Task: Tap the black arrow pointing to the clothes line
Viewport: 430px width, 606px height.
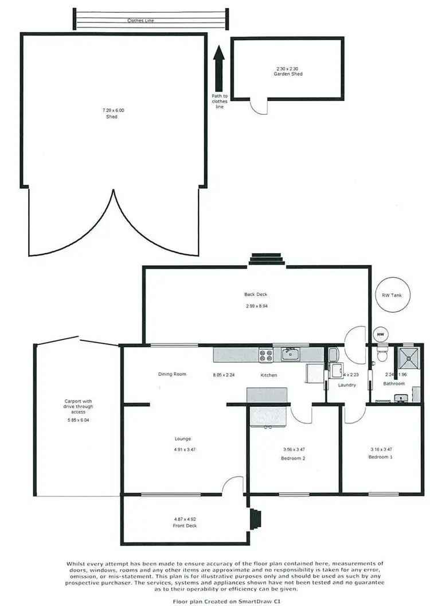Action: coord(218,66)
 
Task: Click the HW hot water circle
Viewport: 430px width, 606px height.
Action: coord(380,334)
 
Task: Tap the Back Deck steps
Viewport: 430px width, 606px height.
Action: coord(267,261)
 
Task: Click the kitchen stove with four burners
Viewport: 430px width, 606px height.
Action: coord(265,355)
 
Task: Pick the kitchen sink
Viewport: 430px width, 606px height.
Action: coord(291,355)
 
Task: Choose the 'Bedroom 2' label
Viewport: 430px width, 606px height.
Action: coord(293,459)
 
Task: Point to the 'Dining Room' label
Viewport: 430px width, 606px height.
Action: coord(173,374)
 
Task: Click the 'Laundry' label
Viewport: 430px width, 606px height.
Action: coord(347,385)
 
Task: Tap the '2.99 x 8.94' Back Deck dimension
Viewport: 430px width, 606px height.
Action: coord(256,306)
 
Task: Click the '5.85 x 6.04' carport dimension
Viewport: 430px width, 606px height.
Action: coord(75,420)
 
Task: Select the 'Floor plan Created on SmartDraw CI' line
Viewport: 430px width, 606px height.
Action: coord(215,601)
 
